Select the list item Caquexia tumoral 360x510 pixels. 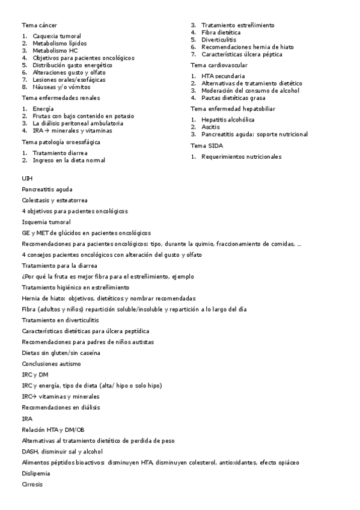pyautogui.click(x=57, y=36)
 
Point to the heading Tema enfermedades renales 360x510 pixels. pyautogui.click(x=61, y=97)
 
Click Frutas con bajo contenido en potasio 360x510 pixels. pyautogui.click(x=83, y=115)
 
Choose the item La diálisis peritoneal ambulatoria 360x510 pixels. pyautogui.click(x=78, y=123)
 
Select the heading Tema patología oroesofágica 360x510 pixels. pyautogui.click(x=61, y=142)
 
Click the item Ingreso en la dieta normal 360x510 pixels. pyautogui.click(x=69, y=160)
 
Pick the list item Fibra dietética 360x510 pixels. pyautogui.click(x=221, y=32)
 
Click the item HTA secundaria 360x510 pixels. pyautogui.click(x=223, y=76)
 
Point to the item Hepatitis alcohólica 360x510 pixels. pyautogui.click(x=228, y=120)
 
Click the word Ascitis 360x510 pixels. pyautogui.click(x=210, y=127)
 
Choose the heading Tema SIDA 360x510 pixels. pyautogui.click(x=206, y=146)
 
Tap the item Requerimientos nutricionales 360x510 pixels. pyautogui.click(x=241, y=156)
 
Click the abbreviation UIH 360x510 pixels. pyautogui.click(x=27, y=178)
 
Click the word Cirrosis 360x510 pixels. pyautogui.click(x=32, y=484)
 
